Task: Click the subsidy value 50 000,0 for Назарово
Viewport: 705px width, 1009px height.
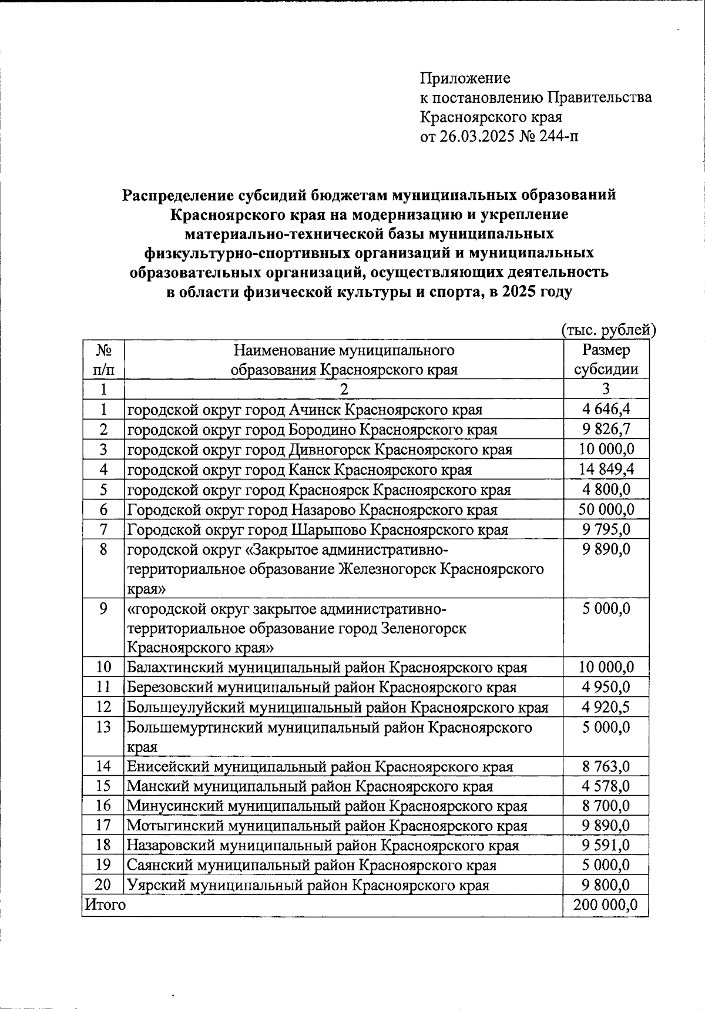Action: pos(606,509)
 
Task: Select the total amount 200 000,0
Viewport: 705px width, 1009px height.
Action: pos(606,905)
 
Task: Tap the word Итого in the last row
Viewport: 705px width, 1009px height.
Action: pos(105,905)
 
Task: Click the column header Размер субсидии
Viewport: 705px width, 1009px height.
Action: pos(606,360)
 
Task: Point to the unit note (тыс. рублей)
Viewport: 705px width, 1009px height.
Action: pos(608,330)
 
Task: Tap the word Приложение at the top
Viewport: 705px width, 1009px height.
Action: pos(465,78)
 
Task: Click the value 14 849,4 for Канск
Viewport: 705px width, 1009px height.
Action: pos(606,470)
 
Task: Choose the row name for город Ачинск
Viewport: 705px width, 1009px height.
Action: pos(305,410)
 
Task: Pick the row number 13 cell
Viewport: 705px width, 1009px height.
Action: pos(103,728)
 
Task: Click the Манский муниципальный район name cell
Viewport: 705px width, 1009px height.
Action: pos(310,786)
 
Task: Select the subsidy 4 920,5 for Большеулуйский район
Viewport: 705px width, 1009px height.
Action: pos(606,708)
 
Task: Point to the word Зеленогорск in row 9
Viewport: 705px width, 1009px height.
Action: pos(423,628)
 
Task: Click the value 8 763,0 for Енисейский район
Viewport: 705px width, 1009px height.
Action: pos(606,767)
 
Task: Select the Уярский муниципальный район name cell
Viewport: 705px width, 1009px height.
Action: pos(308,886)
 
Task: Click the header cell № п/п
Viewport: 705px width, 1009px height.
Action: pos(103,360)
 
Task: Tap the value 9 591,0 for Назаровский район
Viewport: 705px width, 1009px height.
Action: pos(606,846)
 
